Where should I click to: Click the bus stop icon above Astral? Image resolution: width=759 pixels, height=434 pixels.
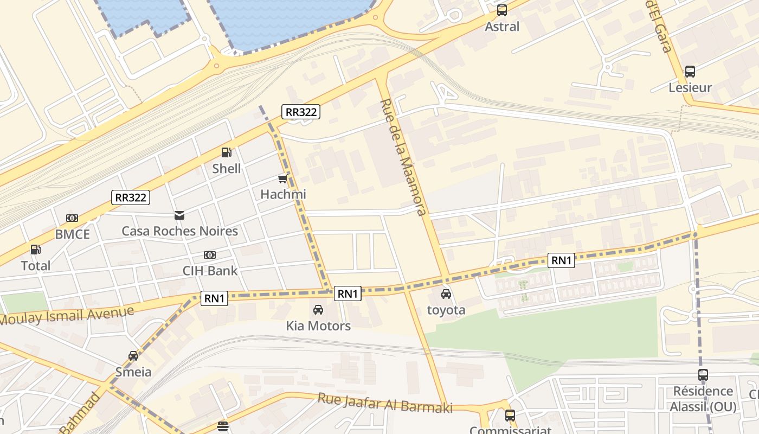(x=502, y=10)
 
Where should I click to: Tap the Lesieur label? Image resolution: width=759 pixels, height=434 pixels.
(x=690, y=87)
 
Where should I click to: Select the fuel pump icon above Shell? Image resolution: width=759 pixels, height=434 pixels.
(x=227, y=153)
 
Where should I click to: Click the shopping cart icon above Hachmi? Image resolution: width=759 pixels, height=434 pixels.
(x=282, y=178)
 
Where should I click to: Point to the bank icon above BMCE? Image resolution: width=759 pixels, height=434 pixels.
(x=72, y=218)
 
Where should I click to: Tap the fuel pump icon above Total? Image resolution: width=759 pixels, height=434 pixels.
(x=36, y=250)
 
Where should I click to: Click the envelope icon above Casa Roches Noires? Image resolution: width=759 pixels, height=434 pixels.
(x=179, y=215)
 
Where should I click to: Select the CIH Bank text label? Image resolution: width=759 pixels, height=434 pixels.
(x=210, y=270)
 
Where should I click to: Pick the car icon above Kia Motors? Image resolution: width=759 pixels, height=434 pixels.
(x=318, y=310)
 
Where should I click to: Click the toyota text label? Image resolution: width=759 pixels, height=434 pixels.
(x=446, y=310)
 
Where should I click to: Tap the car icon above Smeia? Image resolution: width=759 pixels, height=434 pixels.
(x=133, y=356)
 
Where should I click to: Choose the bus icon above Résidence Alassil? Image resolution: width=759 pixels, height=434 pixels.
(x=703, y=375)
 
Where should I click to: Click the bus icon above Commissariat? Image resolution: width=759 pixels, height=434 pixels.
(x=510, y=416)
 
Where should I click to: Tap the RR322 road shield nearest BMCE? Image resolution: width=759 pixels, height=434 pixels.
(x=131, y=197)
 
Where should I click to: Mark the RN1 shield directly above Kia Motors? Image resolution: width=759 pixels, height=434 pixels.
(x=348, y=293)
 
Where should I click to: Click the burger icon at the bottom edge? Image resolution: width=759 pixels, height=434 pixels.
(x=223, y=426)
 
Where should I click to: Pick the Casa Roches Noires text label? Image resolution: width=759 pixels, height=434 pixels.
(x=179, y=231)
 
